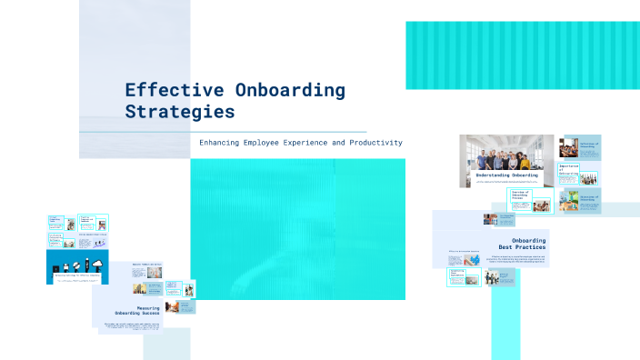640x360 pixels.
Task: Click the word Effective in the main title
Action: click(164, 90)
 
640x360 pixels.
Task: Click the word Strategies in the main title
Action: click(179, 112)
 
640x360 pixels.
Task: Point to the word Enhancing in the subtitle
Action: click(223, 143)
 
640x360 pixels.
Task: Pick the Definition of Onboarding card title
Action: click(589, 144)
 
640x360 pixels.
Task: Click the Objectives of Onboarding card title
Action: click(589, 196)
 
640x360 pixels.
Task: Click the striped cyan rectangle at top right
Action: click(523, 55)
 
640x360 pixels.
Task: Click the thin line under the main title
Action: click(245, 132)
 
